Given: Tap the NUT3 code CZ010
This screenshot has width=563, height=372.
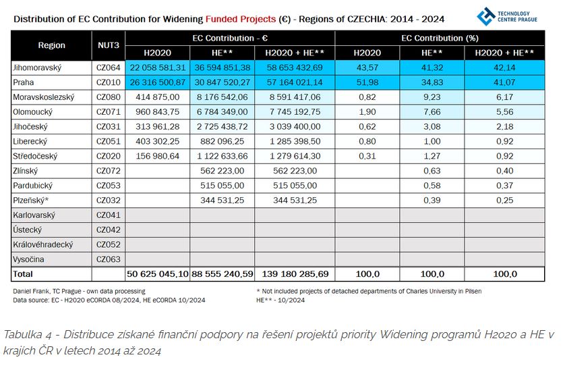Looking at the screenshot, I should point(108,82).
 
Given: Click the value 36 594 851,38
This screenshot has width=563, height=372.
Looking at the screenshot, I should point(223,68).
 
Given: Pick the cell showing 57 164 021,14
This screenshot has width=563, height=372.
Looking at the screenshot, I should point(294,82).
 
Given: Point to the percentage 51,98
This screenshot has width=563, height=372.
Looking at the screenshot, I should point(367,82).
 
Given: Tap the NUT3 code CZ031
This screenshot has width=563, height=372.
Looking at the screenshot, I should point(108,127).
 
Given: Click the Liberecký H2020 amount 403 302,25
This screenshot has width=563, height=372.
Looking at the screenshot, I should point(158,142).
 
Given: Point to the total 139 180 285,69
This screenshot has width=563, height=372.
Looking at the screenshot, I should point(294,274).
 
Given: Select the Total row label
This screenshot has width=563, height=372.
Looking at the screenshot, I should point(24,274).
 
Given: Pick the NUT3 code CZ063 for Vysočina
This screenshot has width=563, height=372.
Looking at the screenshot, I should point(108,259).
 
